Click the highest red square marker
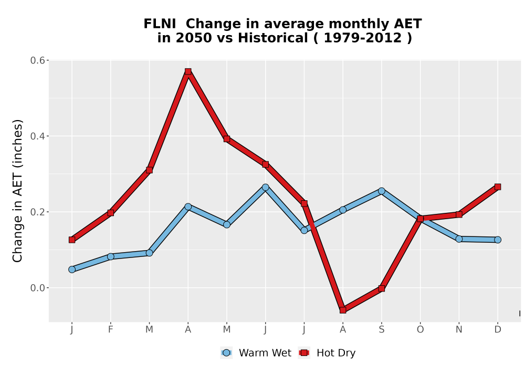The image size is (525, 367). pos(188,71)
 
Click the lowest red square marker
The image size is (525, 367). pos(342,310)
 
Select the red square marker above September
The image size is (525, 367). pos(381,288)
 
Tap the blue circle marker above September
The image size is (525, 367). pos(381,191)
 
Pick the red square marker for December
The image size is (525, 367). pos(498,187)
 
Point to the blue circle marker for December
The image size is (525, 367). pos(498,240)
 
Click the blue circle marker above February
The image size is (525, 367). pos(110,256)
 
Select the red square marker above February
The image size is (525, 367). pos(110,212)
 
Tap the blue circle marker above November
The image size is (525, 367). pos(459,239)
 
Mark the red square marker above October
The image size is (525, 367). pos(420,219)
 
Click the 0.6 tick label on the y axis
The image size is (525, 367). pos(37,60)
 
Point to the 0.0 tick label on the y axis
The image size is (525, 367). pos(37,288)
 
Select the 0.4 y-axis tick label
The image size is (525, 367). pos(37,136)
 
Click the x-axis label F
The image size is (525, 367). pos(110,330)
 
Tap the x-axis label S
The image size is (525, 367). pos(381,330)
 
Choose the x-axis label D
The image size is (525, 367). pos(498,330)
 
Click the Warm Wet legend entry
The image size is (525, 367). pos(256,353)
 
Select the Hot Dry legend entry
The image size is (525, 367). pos(327,353)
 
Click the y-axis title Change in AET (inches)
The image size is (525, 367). pos(17,191)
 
